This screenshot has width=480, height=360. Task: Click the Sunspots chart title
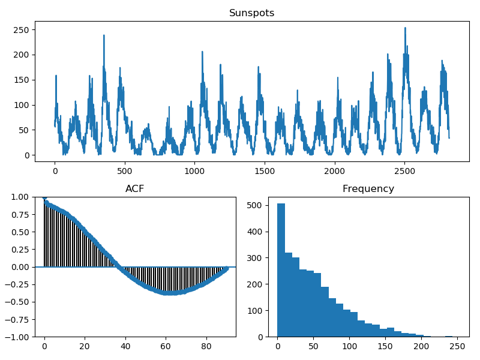251,13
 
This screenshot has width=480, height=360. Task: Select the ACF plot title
134,188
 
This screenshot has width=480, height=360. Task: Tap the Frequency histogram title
368,188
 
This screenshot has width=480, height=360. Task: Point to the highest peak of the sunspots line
405,28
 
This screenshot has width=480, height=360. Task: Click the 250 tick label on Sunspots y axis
21,30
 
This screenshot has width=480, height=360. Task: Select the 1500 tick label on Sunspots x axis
265,171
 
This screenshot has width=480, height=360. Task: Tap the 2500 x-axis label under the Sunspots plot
404,171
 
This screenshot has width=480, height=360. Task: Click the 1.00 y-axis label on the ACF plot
20,197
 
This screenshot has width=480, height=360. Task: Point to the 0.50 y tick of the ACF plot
20,232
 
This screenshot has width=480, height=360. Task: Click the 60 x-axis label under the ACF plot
166,347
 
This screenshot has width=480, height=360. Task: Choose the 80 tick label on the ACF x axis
206,347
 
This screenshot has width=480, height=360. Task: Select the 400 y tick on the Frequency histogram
255,232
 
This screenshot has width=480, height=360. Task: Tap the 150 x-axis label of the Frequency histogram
385,347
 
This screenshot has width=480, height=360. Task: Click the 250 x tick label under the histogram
457,347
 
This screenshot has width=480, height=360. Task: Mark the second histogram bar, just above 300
289,295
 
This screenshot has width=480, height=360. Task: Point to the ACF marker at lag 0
44,197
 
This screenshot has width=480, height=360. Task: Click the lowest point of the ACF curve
172,293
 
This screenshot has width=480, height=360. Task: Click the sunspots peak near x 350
104,35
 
